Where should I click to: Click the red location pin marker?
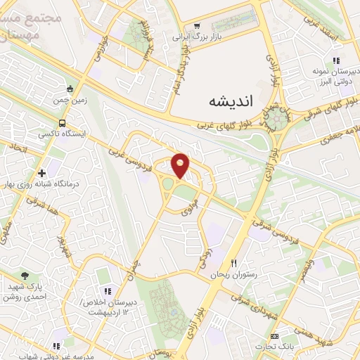click(x=181, y=165)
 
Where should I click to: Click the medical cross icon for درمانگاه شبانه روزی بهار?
click(x=41, y=172)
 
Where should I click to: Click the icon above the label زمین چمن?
click(x=69, y=89)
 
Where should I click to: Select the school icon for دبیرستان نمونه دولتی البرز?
click(x=336, y=61)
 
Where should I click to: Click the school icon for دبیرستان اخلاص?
click(x=107, y=290)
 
